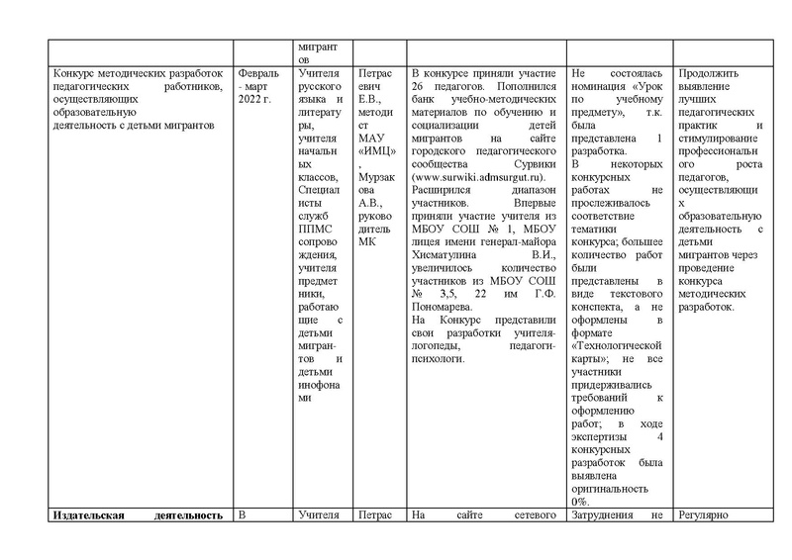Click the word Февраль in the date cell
[x=258, y=73]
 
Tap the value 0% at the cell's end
[x=581, y=502]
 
